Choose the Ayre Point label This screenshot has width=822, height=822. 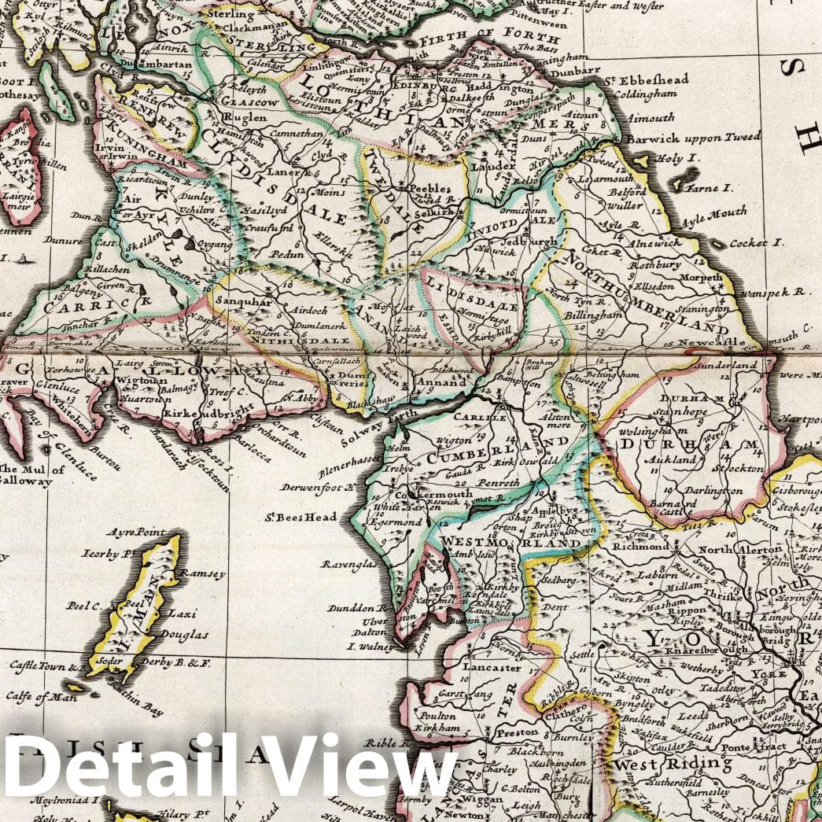[140, 533]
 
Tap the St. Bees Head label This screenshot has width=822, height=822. [300, 517]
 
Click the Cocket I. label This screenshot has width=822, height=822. [756, 243]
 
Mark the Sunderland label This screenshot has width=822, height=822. [726, 365]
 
